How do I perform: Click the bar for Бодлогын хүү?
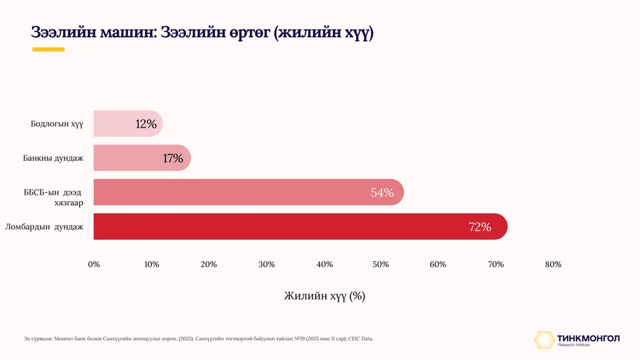[128, 123]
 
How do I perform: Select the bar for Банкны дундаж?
[142, 157]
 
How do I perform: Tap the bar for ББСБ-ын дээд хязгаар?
[249, 192]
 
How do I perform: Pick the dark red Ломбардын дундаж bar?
[300, 226]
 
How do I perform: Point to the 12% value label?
[146, 124]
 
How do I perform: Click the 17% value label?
[172, 158]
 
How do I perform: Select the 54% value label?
[382, 192]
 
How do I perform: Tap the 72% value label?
[480, 226]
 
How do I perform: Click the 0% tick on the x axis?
[94, 264]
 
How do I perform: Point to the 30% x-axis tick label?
[266, 264]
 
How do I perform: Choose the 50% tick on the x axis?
[380, 264]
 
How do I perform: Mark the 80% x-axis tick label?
[553, 264]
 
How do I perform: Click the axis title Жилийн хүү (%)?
[325, 296]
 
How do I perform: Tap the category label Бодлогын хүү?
[57, 124]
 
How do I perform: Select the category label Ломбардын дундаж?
[44, 226]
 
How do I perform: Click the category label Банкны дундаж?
[53, 158]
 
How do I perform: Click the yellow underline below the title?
[49, 50]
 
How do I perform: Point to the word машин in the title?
[128, 32]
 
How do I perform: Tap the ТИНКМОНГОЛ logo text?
[588, 338]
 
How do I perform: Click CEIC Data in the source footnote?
[361, 338]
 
